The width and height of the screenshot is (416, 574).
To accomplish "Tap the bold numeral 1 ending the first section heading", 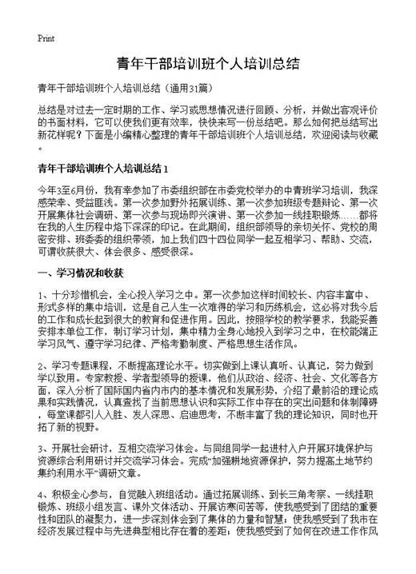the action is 165,169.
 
